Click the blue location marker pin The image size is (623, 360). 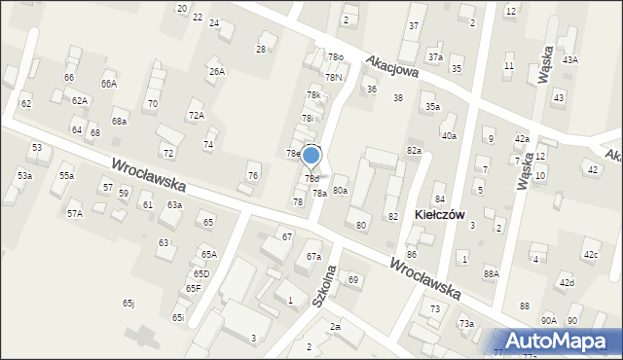coord(311,155)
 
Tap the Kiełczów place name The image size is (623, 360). coord(439,213)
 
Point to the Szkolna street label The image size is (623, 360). coord(326,286)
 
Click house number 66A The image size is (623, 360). coord(108,85)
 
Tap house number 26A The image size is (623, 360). coord(216,71)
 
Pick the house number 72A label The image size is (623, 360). coord(196,116)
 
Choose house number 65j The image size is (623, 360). coord(128,303)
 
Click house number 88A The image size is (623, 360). coord(491,274)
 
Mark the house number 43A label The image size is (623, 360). coord(569,60)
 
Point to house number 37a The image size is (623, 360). coord(435,57)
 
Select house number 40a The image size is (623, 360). coord(449,136)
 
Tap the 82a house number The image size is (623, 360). coord(414,151)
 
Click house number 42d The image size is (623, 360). coord(567,282)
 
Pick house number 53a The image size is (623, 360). coord(24,175)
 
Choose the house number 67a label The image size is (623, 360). coord(313,256)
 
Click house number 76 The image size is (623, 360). coord(252,175)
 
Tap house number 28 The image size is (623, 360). coord(261,49)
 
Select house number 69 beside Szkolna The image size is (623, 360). coord(353,280)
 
